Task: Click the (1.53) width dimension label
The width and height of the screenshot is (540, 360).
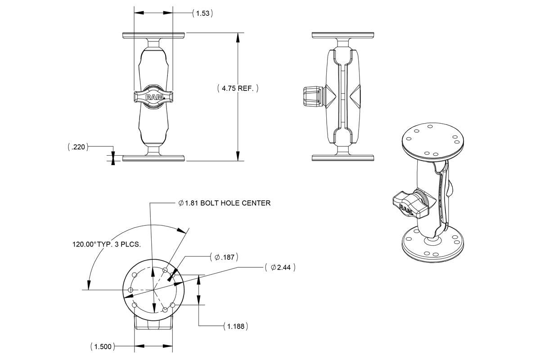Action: coord(202,13)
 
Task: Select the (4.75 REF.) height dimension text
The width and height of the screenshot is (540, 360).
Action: coord(238,89)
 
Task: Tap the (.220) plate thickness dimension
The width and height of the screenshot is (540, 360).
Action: coord(77,147)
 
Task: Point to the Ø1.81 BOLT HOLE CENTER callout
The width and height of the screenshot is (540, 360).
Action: coord(225,203)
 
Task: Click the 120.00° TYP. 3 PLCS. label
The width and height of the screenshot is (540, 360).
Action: coord(107,244)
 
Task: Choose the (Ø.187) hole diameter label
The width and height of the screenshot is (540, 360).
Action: coord(224,257)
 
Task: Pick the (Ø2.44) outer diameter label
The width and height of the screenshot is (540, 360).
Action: coord(280,267)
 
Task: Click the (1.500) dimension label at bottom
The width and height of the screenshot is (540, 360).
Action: coord(102,346)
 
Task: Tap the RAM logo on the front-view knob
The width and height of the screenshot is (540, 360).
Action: coord(153,96)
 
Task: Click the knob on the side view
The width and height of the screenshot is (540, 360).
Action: coord(311,97)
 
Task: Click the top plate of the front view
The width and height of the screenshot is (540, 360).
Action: coord(154,35)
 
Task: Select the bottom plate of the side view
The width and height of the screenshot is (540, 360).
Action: coord(343,158)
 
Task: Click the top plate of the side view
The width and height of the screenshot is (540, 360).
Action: coord(343,35)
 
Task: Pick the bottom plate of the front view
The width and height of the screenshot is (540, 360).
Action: coord(154,158)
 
